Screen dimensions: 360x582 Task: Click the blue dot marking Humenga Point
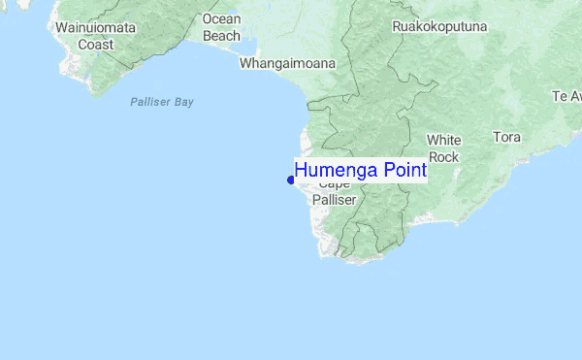point(291,180)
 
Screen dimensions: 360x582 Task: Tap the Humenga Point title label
point(360,171)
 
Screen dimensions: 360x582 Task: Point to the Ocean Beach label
point(221,27)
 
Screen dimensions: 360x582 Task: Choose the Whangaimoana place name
point(287,64)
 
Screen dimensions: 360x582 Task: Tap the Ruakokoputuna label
point(438,27)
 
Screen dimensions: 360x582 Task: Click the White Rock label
point(443,148)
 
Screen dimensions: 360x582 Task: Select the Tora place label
point(506,137)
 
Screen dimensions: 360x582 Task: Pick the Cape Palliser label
point(335,191)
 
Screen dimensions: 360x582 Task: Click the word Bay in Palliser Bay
point(183,101)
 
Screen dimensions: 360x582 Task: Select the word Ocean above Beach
point(221,18)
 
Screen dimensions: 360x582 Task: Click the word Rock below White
point(443,157)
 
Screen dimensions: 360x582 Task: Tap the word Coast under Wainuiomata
point(95,45)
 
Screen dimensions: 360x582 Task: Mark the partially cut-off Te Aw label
point(566,96)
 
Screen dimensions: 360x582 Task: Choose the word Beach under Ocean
point(221,36)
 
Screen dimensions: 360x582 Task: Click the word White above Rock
point(444,140)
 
